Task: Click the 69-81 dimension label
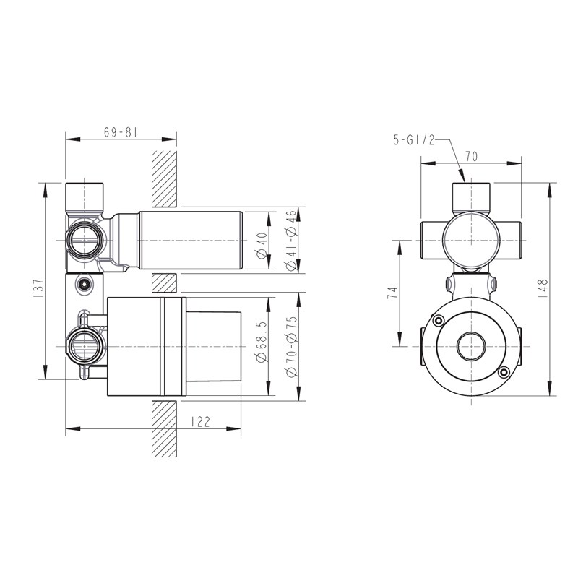tap(121, 132)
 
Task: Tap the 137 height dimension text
tap(39, 288)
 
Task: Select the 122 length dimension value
tap(201, 422)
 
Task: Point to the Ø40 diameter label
tap(262, 246)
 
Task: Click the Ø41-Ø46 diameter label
tap(291, 241)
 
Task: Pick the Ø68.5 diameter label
tap(262, 342)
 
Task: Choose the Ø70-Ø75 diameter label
tap(292, 347)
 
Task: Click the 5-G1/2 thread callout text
tap(414, 140)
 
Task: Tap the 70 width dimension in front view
tap(471, 157)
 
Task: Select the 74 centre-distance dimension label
tap(393, 293)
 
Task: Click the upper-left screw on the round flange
tap(439, 321)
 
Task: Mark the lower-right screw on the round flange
tap(504, 372)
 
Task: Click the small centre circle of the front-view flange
tap(471, 347)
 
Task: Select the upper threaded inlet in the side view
tap(84, 241)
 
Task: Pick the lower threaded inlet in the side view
tap(84, 347)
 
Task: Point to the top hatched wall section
tap(164, 178)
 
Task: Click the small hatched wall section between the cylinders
tap(164, 283)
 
